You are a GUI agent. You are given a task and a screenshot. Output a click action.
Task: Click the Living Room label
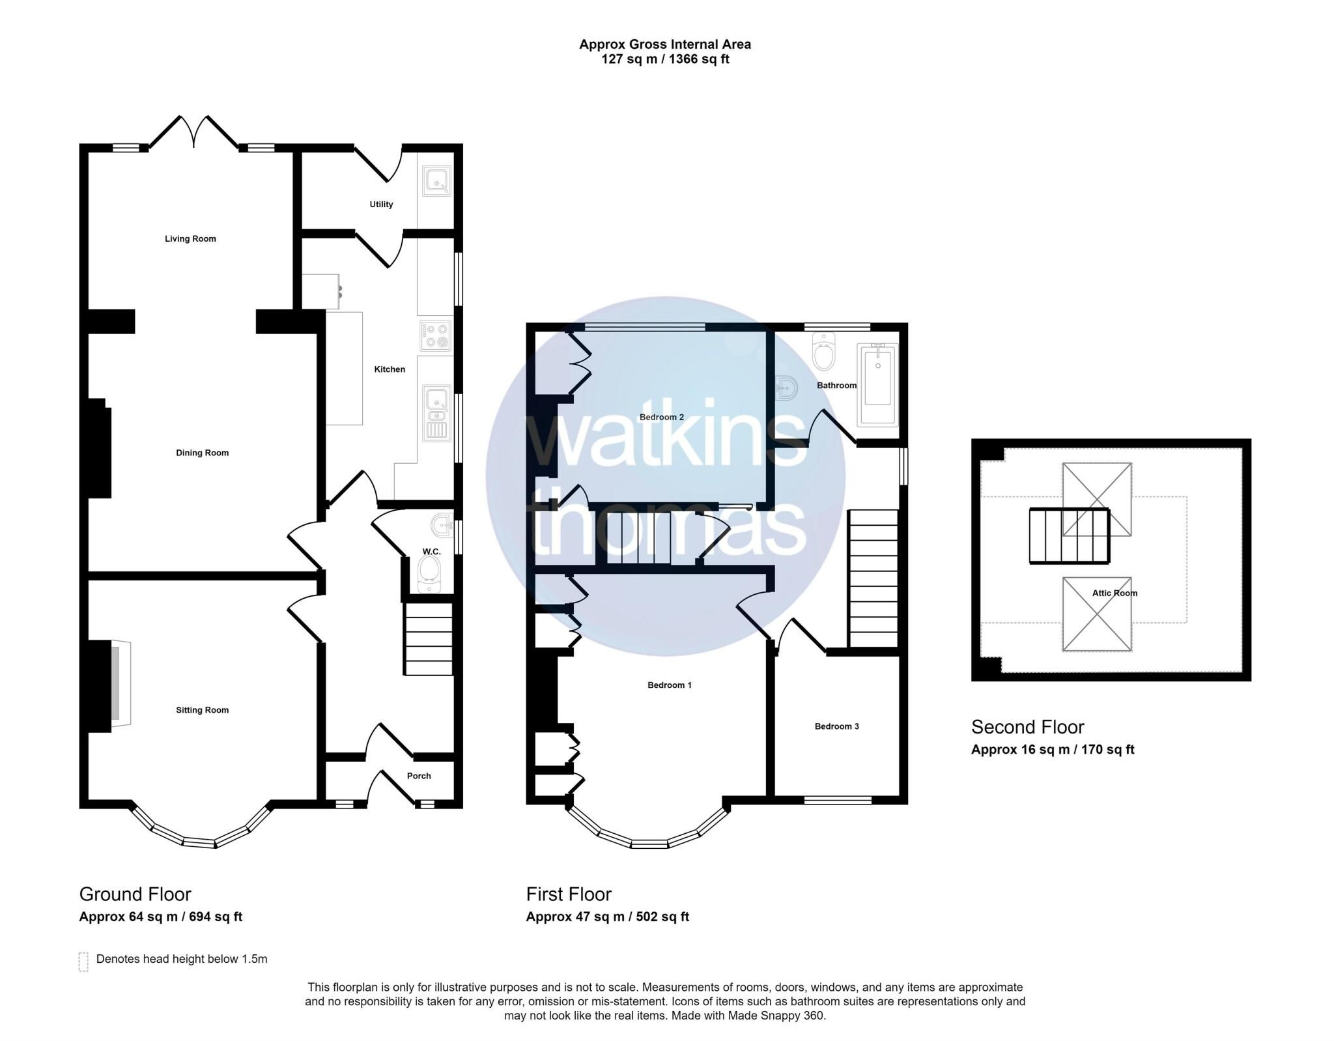click(x=190, y=239)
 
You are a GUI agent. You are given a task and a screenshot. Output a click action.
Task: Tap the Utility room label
click(x=381, y=205)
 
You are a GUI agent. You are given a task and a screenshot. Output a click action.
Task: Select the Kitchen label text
click(x=390, y=369)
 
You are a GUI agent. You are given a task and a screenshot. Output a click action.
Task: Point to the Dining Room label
click(x=202, y=453)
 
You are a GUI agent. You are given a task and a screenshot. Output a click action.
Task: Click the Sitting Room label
click(x=202, y=710)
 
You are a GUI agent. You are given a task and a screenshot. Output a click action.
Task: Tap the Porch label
click(x=419, y=776)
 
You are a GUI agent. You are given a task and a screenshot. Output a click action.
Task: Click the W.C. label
click(x=431, y=552)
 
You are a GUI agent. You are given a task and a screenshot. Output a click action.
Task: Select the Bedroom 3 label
click(x=836, y=726)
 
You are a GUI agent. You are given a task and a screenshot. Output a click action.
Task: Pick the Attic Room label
click(x=1114, y=593)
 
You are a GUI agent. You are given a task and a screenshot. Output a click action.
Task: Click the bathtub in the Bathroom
click(x=877, y=384)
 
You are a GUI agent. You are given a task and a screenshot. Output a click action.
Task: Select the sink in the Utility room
click(x=436, y=180)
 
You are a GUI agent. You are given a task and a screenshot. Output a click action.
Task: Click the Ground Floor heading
click(x=135, y=894)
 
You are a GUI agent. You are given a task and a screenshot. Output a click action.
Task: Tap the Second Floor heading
click(x=1027, y=726)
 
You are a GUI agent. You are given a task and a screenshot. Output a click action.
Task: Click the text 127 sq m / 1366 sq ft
click(x=665, y=59)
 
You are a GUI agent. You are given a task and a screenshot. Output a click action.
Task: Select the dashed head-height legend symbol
click(x=83, y=962)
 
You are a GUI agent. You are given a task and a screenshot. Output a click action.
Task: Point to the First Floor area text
click(x=607, y=917)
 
